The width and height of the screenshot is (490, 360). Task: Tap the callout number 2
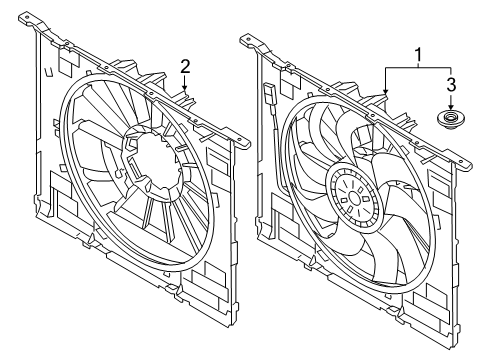coord(185,66)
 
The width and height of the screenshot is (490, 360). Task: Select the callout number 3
coord(451,83)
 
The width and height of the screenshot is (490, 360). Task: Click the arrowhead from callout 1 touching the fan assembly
coord(386,95)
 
